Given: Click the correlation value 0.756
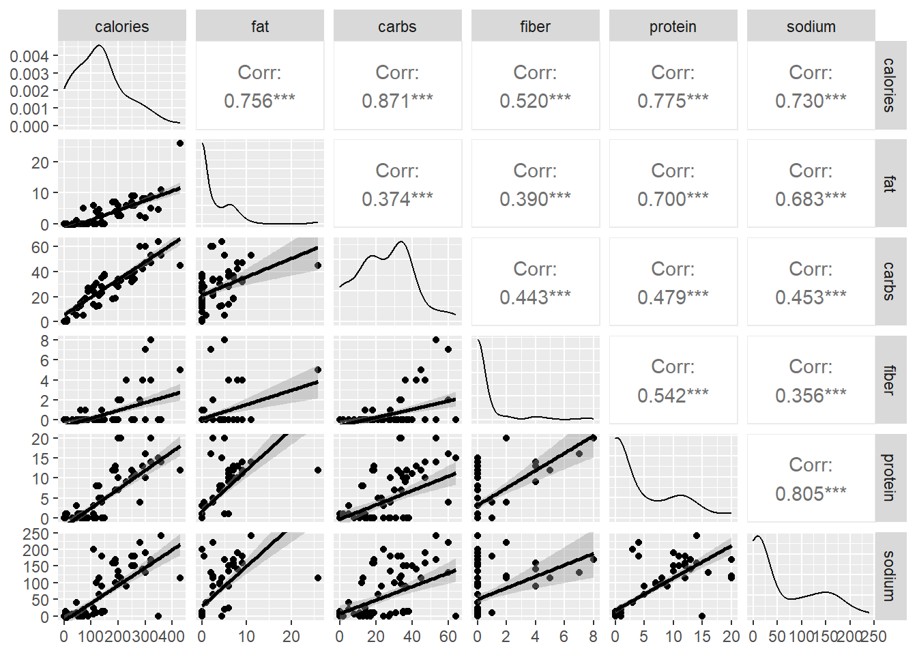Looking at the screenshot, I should click(x=259, y=101).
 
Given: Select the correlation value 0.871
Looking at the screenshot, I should click(x=397, y=101).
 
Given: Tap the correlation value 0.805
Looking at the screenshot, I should click(x=811, y=493).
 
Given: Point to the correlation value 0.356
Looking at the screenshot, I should click(x=811, y=395).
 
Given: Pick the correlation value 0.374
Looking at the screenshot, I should click(x=397, y=199).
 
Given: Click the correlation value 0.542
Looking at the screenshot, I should click(x=673, y=395).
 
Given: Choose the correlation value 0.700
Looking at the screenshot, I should click(x=673, y=199).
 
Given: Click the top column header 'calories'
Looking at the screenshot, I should click(x=121, y=27).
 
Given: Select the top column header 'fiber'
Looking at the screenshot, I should click(x=535, y=27).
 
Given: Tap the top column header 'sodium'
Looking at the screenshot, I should click(x=811, y=27).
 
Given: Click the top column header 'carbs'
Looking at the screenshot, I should click(x=397, y=27).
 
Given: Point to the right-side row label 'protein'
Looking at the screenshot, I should click(x=889, y=478).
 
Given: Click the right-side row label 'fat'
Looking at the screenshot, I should click(x=889, y=184).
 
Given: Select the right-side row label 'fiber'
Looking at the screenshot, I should click(x=889, y=380).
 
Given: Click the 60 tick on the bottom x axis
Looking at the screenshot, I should click(x=448, y=637).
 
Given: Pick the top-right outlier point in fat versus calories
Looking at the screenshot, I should click(x=180, y=143).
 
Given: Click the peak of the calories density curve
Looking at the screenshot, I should click(x=100, y=46).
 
